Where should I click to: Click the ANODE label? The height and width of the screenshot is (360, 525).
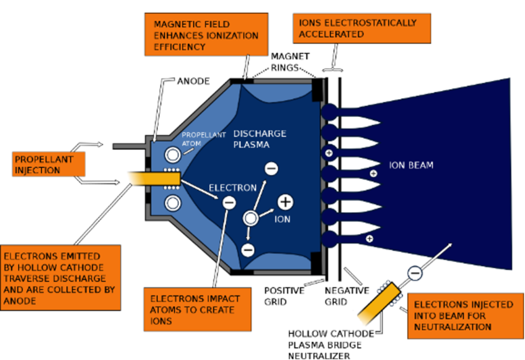tap(193, 82)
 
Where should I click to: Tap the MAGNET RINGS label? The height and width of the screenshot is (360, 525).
tap(290, 62)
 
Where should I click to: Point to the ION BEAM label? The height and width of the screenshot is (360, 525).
tap(411, 165)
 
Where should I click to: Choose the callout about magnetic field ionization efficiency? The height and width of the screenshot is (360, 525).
tap(205, 35)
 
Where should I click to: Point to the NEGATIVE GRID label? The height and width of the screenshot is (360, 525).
tap(347, 296)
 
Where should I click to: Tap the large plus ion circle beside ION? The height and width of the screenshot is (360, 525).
tap(285, 202)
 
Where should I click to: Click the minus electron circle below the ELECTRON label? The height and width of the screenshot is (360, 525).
tap(229, 202)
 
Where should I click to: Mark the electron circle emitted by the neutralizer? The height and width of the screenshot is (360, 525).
tap(415, 273)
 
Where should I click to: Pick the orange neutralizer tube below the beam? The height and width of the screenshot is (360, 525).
tap(382, 301)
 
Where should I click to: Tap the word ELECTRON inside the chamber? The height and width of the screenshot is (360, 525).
tap(232, 188)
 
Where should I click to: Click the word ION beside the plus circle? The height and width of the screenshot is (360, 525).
tap(282, 219)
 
